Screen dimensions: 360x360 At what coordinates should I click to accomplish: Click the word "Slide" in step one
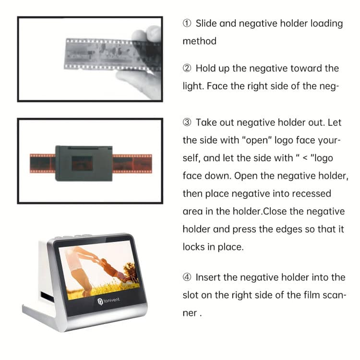(x=206, y=24)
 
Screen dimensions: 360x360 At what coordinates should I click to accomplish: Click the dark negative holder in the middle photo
(x=84, y=163)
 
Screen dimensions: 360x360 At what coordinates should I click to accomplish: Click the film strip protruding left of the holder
(x=42, y=163)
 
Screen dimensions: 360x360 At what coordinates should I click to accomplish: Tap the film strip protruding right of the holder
(x=132, y=163)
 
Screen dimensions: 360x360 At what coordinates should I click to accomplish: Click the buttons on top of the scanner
(x=72, y=237)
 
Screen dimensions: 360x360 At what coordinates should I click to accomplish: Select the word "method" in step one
(x=199, y=41)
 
